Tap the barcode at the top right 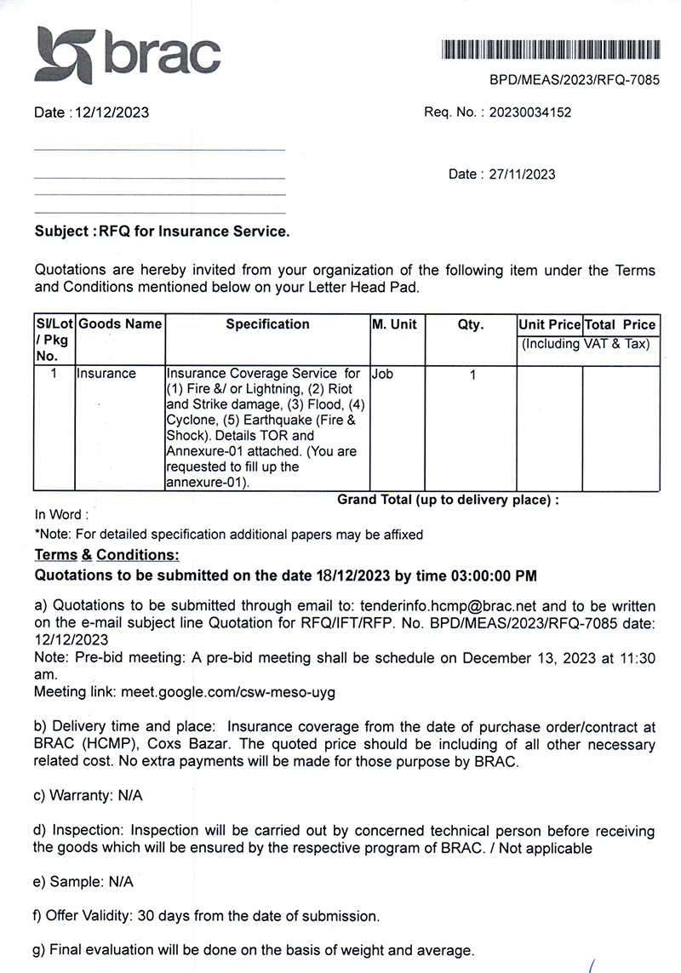(550, 49)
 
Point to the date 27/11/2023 (523, 175)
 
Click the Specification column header (267, 324)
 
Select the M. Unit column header (394, 324)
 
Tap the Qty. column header (470, 324)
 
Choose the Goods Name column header (120, 324)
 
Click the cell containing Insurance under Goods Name (106, 374)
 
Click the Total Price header (621, 324)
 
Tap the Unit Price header (549, 324)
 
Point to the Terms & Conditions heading (106, 555)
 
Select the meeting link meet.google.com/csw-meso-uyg (228, 692)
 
